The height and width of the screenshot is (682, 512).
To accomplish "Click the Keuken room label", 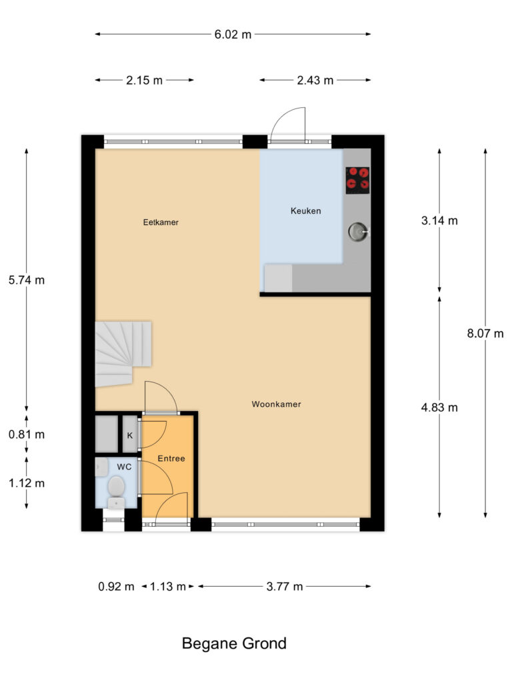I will point(305,211).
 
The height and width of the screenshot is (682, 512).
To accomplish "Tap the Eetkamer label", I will point(161,222).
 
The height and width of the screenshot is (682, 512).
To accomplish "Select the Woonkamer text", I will point(276,404).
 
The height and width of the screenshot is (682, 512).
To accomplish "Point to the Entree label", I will point(171,459).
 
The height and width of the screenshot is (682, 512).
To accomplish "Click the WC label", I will point(124,467).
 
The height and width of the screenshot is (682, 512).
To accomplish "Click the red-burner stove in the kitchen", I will point(358,180).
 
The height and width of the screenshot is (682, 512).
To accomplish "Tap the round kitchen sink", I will point(357,232).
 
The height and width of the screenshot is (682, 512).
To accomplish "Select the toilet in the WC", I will point(116,488).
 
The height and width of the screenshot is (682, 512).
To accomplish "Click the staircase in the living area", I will point(123,352).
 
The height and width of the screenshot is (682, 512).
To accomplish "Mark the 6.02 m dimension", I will point(233,35).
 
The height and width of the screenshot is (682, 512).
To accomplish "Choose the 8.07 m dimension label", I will point(485,334).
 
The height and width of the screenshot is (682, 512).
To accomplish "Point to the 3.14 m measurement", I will point(439,221).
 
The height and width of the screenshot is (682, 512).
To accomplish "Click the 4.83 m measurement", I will point(439,408).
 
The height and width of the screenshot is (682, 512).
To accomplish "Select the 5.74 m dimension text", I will point(27,280).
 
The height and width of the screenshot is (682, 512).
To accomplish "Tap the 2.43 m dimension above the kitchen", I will point(315,81).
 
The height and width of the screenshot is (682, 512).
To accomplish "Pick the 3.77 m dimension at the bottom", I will point(284,587).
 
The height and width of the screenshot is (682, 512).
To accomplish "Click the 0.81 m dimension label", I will point(27,435).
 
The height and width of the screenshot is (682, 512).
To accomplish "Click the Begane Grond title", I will point(234,644).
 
